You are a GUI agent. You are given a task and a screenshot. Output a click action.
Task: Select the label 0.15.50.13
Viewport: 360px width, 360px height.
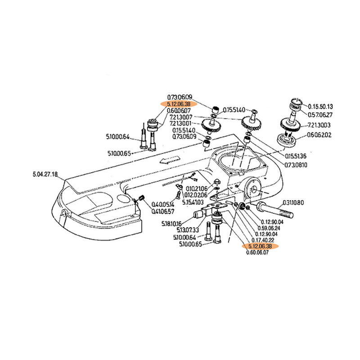pyautogui.click(x=320, y=106)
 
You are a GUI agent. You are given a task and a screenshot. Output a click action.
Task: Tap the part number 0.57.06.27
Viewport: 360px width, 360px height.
pyautogui.click(x=320, y=115)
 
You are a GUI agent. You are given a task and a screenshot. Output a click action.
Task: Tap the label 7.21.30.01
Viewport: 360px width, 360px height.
pyautogui.click(x=183, y=123)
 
